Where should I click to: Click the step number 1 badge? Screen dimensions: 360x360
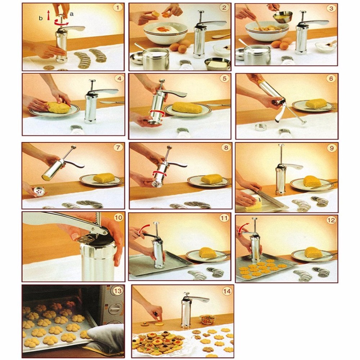118,8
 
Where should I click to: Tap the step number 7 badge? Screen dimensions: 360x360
118,147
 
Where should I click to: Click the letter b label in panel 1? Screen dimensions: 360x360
41,18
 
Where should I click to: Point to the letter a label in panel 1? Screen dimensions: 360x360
72,14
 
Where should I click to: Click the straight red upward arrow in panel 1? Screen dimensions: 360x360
49,15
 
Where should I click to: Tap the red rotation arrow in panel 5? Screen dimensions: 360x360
156,114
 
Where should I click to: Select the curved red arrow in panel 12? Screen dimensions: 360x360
243,228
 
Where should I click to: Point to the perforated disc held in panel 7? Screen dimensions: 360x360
39,191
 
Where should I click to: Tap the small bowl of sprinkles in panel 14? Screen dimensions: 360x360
208,319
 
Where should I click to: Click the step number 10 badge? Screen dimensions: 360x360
118,217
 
